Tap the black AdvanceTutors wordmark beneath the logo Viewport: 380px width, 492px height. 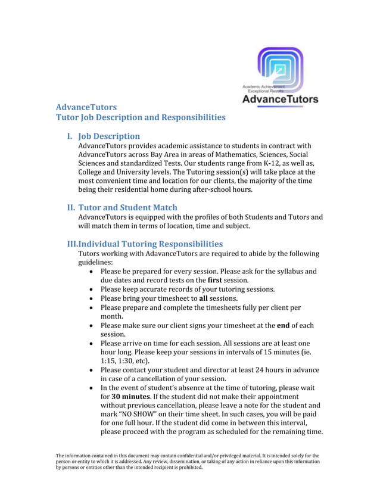(x=280, y=99)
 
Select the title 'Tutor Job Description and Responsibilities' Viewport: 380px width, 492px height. (x=141, y=117)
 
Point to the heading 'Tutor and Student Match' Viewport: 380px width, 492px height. (x=128, y=207)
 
